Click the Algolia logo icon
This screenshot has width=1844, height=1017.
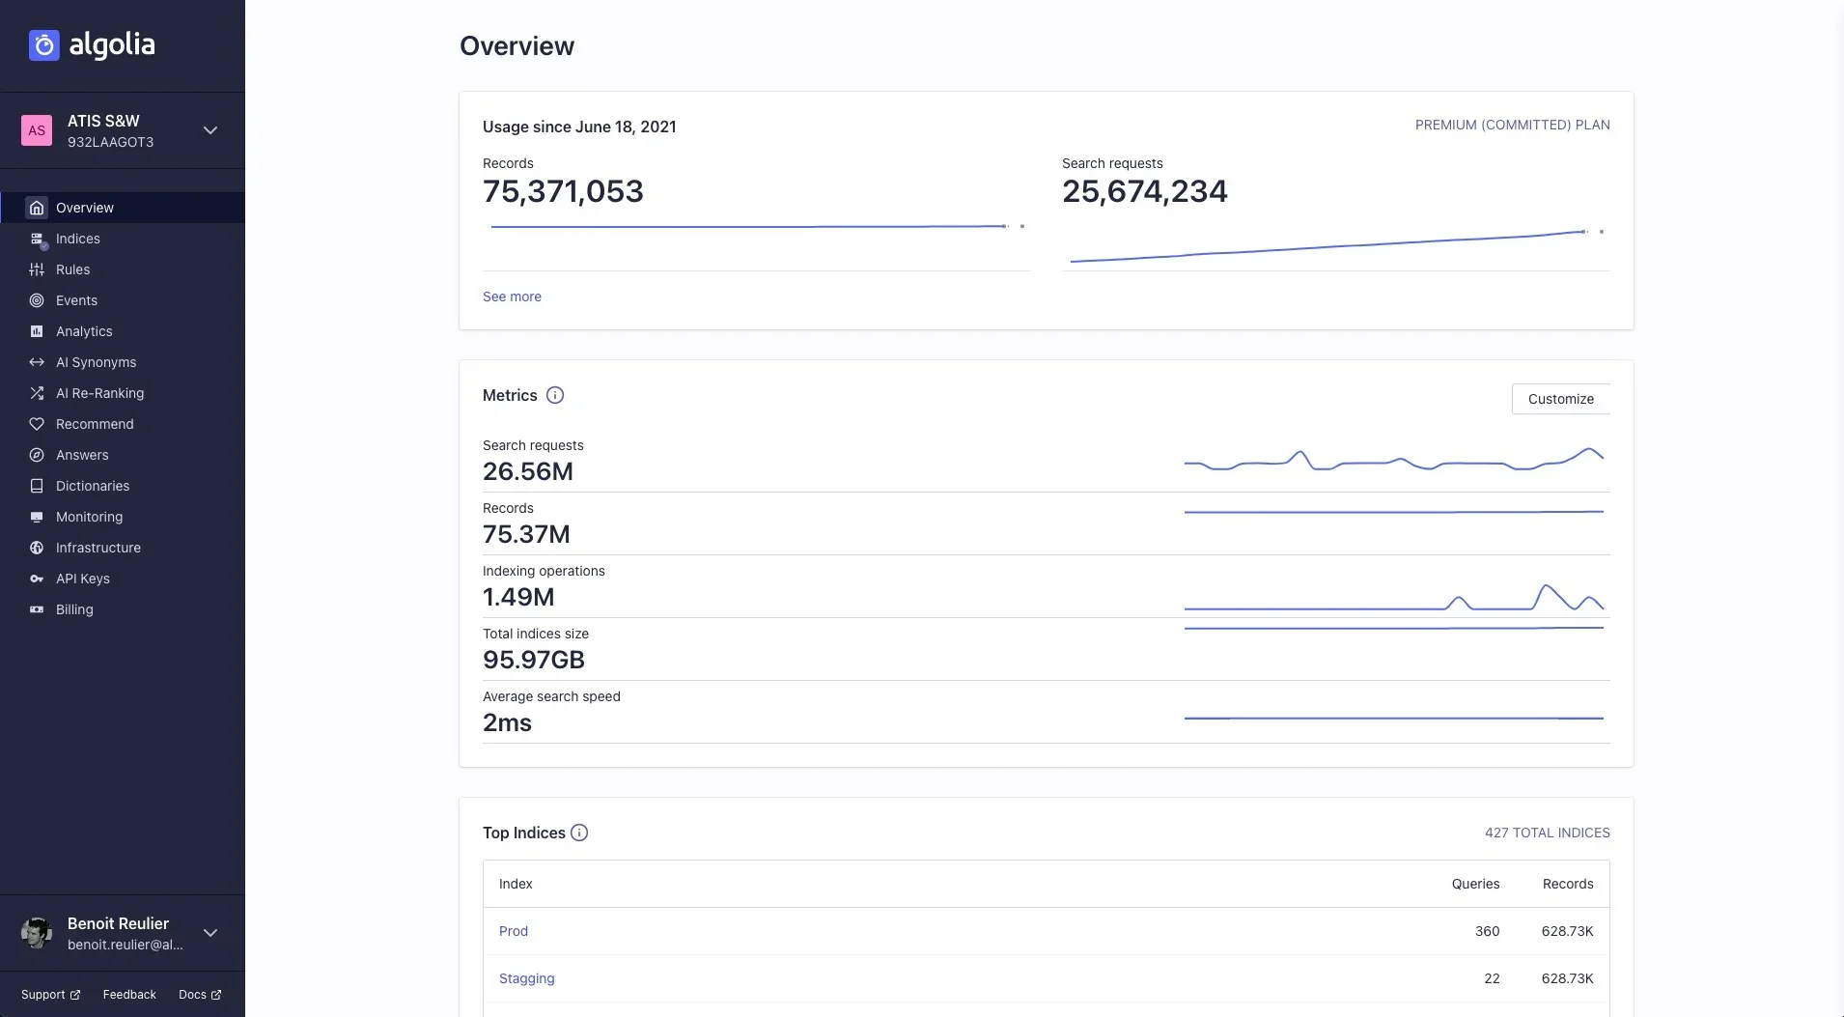[44, 45]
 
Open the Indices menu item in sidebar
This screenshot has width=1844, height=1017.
[77, 239]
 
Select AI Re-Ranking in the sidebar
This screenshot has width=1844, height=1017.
[99, 393]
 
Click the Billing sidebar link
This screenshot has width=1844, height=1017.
[74, 609]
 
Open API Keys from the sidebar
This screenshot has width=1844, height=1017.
[82, 579]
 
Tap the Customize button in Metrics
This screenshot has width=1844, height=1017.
[1560, 399]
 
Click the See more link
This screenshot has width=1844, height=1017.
[512, 297]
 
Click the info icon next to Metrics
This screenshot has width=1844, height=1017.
[555, 395]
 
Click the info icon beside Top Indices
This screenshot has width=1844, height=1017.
[579, 833]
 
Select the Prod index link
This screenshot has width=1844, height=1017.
[514, 931]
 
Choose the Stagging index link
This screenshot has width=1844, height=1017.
[526, 978]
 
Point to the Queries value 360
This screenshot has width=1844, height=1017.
[1487, 931]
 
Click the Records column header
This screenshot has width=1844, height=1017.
[1567, 884]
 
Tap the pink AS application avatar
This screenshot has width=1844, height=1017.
[37, 130]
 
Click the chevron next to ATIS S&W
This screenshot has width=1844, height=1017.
[210, 130]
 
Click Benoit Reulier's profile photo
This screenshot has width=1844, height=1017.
[37, 933]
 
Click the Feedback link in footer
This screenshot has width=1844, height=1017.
[129, 995]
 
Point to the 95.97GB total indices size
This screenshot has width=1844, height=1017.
[534, 660]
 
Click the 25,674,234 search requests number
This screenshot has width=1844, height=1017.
[1144, 191]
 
